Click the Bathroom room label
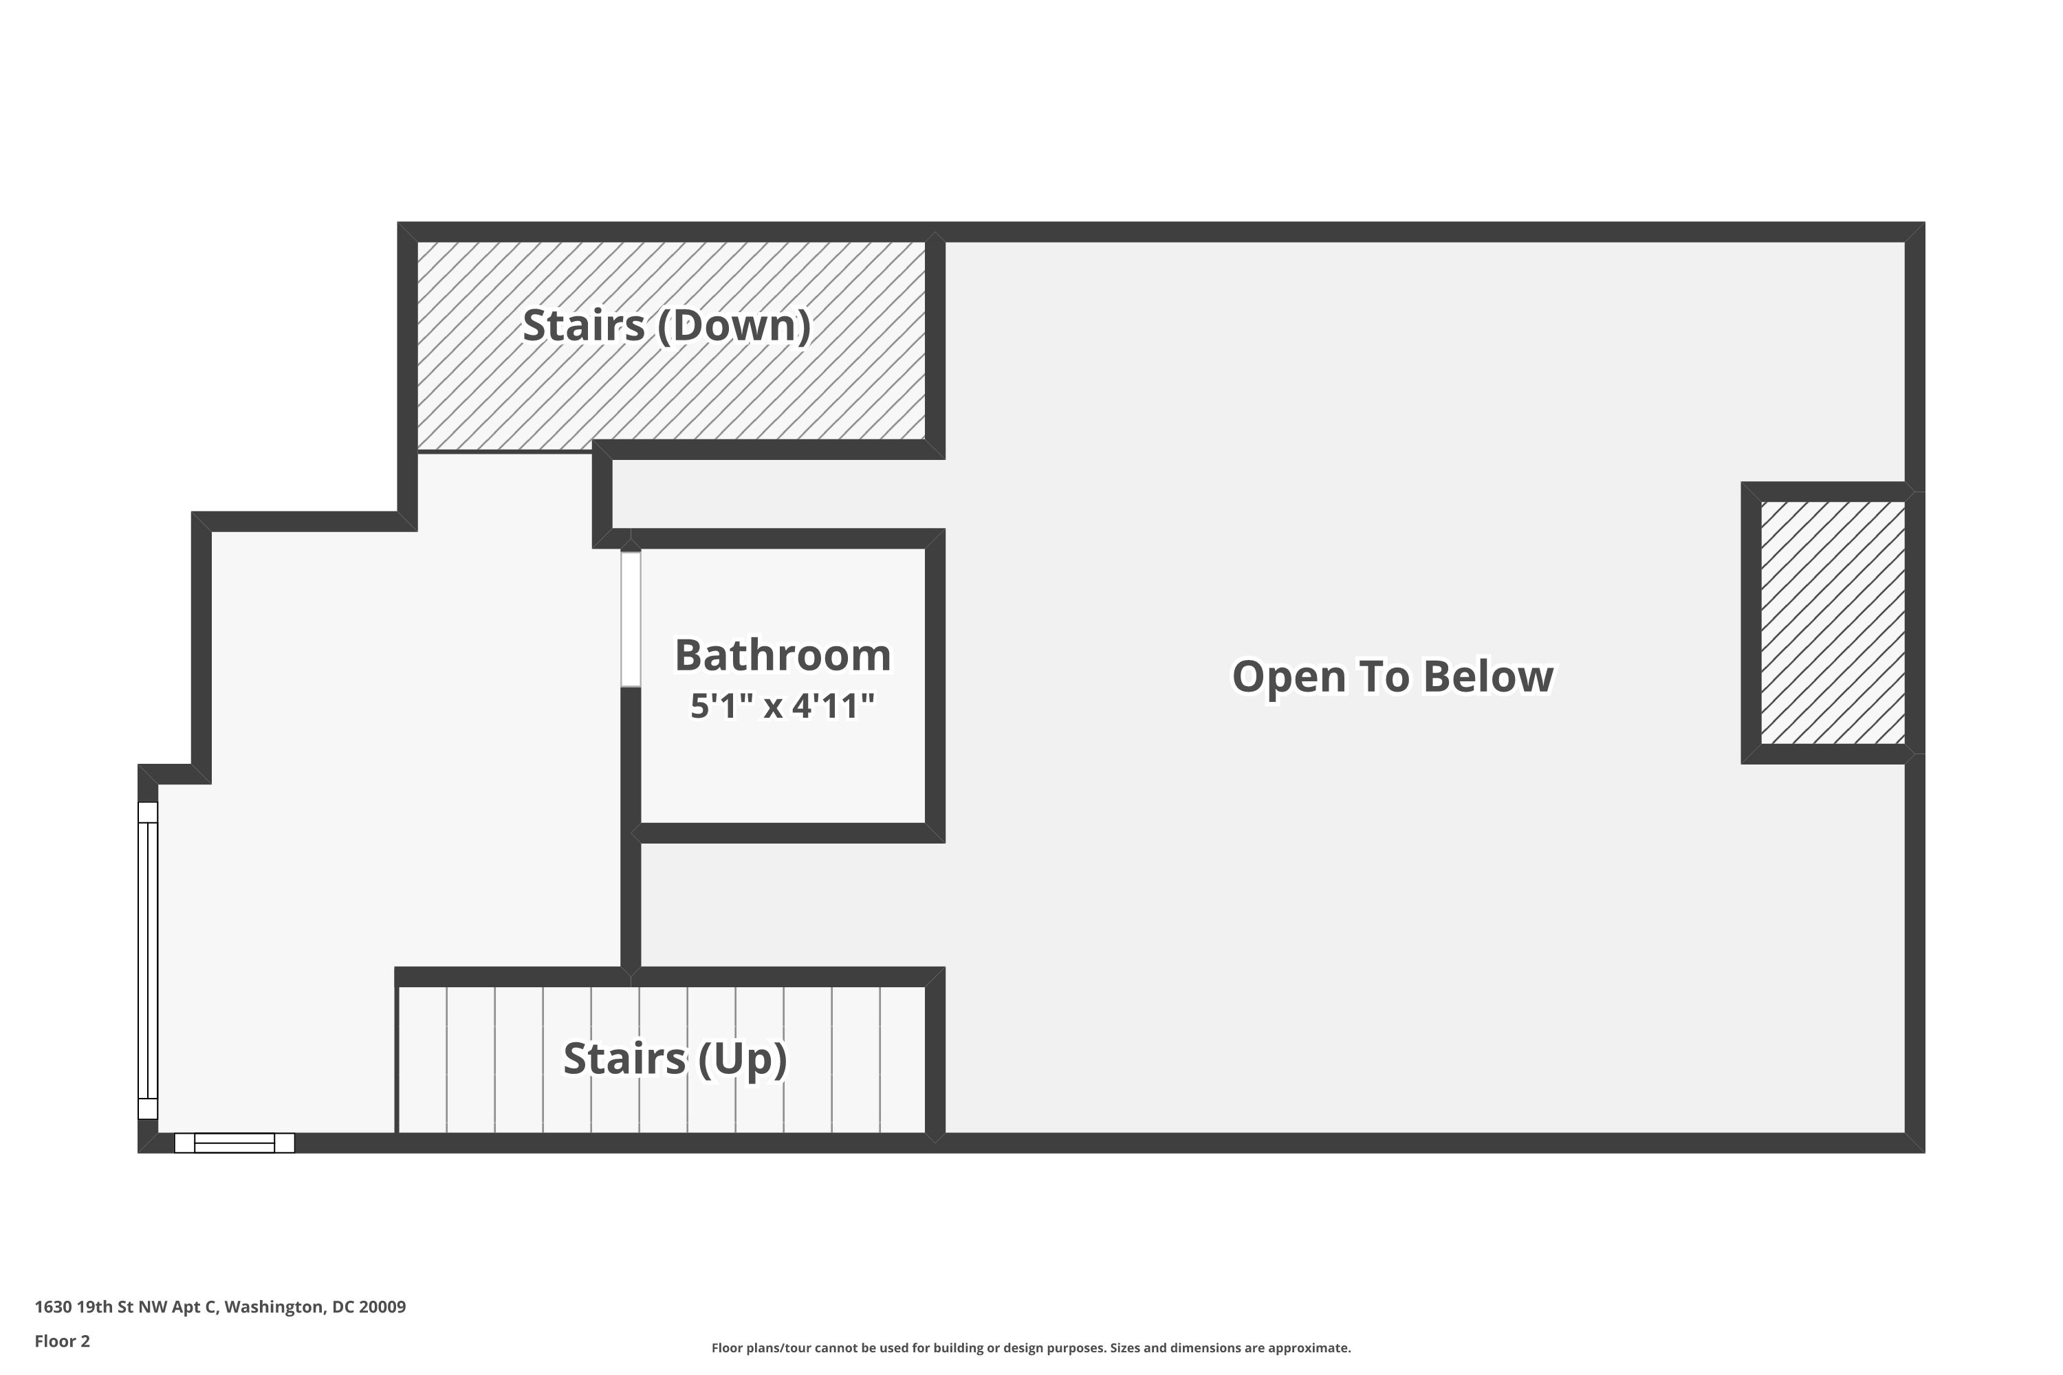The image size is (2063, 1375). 783,656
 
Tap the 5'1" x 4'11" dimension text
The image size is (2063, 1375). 783,706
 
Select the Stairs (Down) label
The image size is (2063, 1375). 666,325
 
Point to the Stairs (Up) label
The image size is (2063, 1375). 675,1059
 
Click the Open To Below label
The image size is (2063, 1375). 1393,676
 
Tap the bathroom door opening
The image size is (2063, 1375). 631,618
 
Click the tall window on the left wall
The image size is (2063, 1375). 147,960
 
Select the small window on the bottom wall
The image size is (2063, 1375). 234,1143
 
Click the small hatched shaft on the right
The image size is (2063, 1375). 1833,623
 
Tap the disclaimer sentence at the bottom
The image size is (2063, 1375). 1031,1347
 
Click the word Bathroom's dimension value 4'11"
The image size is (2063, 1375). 833,706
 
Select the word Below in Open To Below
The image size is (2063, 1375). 1489,676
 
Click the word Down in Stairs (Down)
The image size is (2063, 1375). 734,325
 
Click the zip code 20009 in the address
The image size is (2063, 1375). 382,1307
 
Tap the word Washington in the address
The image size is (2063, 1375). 274,1307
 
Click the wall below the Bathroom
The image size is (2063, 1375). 785,833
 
